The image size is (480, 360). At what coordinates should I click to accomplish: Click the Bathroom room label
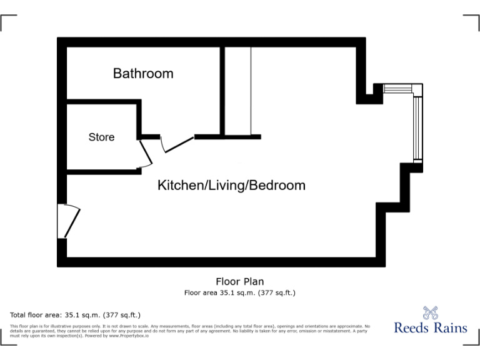(143, 74)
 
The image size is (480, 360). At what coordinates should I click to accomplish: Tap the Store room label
(101, 137)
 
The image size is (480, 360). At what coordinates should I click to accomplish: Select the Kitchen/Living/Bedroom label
(231, 186)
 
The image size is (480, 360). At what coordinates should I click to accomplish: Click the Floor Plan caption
(239, 282)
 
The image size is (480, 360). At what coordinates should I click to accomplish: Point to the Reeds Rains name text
(431, 327)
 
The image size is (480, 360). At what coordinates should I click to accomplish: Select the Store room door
(144, 154)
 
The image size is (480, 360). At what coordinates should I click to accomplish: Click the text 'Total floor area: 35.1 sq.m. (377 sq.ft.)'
(76, 315)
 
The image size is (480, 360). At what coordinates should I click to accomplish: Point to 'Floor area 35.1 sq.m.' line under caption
(239, 292)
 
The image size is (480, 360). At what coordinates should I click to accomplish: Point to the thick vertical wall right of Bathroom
(221, 91)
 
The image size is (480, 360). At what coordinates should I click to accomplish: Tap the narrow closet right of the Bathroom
(237, 91)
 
